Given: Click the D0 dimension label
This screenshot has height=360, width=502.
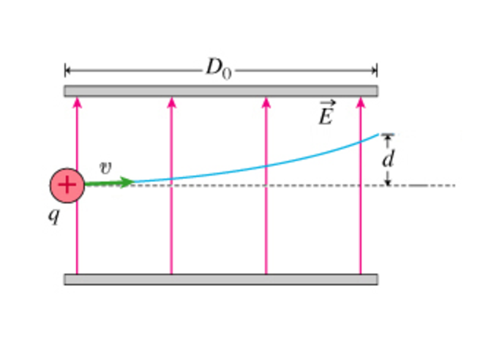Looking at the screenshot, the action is point(219,68).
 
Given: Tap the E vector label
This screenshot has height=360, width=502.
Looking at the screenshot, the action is point(327,113).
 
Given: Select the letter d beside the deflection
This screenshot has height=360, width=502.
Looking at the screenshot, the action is point(388,158).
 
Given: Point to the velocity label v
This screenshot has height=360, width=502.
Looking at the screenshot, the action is point(105,168).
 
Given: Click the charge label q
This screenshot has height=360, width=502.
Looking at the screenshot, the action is point(54,216).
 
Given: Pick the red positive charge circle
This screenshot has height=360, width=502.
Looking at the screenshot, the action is point(67,185).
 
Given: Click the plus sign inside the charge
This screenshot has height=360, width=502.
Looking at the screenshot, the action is point(67,185).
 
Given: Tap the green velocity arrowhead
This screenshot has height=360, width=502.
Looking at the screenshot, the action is point(127,183).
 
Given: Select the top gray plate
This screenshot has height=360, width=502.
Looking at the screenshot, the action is point(221,91).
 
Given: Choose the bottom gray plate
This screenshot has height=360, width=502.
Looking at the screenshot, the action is point(221,280).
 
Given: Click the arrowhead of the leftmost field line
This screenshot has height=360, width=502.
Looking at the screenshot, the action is point(77,102).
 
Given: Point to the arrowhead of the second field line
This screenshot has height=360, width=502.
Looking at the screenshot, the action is point(171,102).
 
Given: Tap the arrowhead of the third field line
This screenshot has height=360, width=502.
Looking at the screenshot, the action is point(266,102).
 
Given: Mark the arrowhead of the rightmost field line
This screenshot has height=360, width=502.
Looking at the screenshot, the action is point(361,102).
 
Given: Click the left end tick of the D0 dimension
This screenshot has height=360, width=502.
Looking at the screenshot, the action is point(65,70).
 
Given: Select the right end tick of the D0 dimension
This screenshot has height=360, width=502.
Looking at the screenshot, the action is point(377,70).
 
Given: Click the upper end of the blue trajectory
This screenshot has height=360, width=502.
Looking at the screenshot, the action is point(378,135).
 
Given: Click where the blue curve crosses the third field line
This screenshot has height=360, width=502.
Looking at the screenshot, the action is point(266,166).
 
